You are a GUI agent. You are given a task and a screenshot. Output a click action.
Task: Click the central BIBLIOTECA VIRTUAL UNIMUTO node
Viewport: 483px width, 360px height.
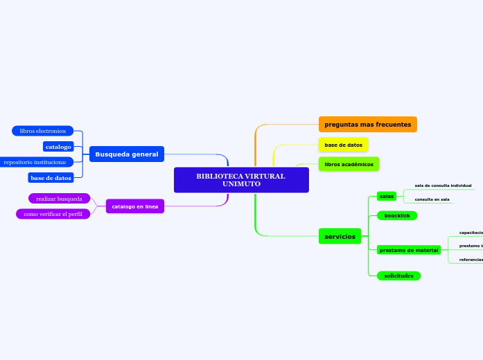[x=240, y=180]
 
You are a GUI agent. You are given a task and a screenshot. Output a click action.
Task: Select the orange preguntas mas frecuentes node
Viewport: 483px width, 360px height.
[x=367, y=125]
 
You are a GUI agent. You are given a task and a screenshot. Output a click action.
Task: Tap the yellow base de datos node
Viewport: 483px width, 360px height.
[x=343, y=145]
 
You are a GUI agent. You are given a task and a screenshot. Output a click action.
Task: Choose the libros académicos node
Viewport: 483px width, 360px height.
[x=349, y=164]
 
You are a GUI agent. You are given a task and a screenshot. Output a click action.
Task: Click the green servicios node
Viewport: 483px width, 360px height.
[x=340, y=237]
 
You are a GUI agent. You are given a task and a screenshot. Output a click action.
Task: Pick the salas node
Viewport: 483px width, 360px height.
[x=387, y=196]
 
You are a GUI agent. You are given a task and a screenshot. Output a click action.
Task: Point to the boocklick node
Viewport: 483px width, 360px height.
[x=397, y=216]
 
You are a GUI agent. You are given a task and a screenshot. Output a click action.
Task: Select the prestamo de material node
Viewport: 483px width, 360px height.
[x=409, y=250]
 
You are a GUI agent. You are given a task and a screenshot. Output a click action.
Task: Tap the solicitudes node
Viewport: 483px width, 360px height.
[x=398, y=276]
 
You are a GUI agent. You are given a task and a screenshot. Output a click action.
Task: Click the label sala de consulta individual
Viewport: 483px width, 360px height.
[x=443, y=186]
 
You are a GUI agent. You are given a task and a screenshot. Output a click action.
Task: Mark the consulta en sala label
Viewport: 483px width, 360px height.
[x=432, y=199]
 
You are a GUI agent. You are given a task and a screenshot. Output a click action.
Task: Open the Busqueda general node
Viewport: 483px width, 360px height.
[x=127, y=154]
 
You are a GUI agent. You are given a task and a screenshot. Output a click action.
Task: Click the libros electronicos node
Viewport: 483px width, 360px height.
[x=42, y=131]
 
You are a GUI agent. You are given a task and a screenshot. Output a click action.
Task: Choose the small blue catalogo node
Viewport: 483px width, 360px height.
[x=58, y=147]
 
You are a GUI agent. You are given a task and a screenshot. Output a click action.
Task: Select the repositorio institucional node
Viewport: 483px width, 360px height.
[x=35, y=162]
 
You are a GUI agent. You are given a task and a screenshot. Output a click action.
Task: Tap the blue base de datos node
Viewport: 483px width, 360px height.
[x=51, y=178]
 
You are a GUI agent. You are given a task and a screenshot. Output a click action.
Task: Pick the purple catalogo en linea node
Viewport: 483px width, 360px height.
[x=135, y=206]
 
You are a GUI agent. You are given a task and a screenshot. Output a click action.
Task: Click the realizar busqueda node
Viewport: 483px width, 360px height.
[x=59, y=199]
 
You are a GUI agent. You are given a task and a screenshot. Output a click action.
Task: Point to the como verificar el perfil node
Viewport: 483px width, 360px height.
[x=53, y=214]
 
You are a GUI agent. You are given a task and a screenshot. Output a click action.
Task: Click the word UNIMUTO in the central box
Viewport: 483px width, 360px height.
[x=241, y=184]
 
